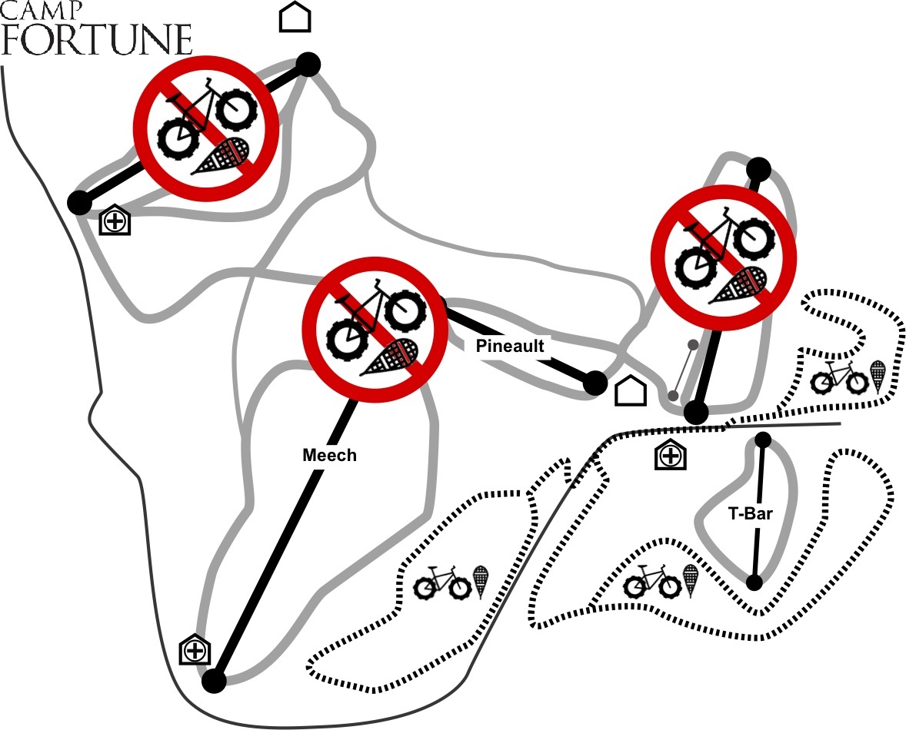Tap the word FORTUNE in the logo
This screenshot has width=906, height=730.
pos(96,40)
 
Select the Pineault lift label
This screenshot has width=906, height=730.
pos(509,346)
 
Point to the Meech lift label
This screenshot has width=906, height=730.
pos(329,455)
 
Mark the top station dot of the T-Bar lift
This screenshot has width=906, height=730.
pos(763,440)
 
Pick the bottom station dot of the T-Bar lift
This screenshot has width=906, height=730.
pos(755,582)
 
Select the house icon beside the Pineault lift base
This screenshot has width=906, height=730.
pos(630,390)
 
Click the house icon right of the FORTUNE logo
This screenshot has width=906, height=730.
pos(295,17)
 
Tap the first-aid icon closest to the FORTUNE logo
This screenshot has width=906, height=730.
pos(115,221)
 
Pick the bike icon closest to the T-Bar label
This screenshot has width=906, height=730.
pos(653,582)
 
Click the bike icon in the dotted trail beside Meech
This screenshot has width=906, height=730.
pos(441,583)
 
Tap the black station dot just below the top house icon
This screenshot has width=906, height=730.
pos(308,65)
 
